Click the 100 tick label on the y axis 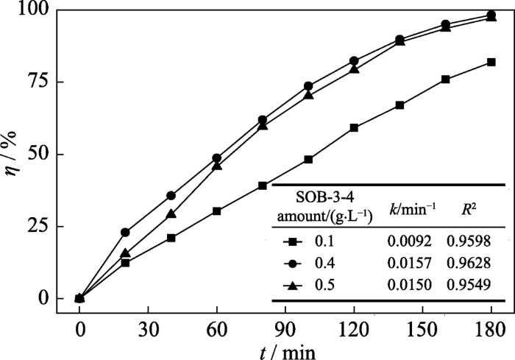(x=32, y=11)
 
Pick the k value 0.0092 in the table (x=407, y=240)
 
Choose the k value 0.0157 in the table (x=407, y=263)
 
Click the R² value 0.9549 (x=469, y=285)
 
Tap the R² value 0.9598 (x=469, y=240)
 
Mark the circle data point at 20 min (x=125, y=233)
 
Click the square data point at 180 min (x=491, y=63)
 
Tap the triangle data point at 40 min (x=171, y=214)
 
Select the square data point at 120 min (x=354, y=128)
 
